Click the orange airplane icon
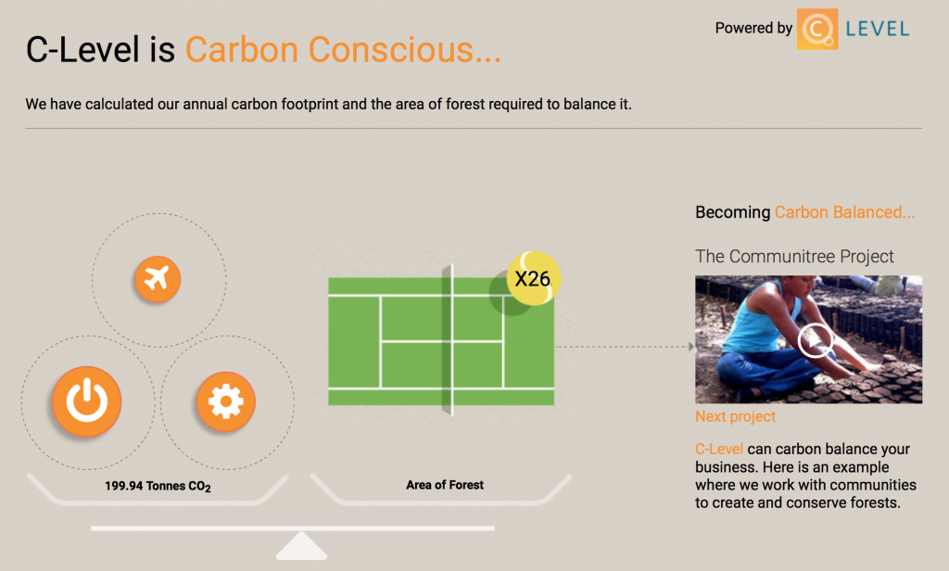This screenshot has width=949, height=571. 158,279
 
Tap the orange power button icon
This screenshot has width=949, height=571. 87,400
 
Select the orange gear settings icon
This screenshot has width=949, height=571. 226,400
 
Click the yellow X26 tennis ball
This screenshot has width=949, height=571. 533,278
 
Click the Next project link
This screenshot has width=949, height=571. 735,416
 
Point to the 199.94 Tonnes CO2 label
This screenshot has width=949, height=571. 158,487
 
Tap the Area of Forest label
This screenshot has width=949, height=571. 445,485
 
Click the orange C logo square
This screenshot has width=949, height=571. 817,29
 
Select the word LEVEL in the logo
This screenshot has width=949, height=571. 878,29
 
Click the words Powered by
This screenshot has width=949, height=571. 753,29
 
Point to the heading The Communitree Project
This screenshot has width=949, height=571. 794,256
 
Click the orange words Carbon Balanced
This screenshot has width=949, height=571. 845,212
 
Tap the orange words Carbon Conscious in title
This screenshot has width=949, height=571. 343,50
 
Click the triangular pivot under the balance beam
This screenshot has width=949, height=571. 301,546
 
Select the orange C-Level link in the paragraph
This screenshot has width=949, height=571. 719,450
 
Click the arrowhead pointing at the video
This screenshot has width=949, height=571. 691,347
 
